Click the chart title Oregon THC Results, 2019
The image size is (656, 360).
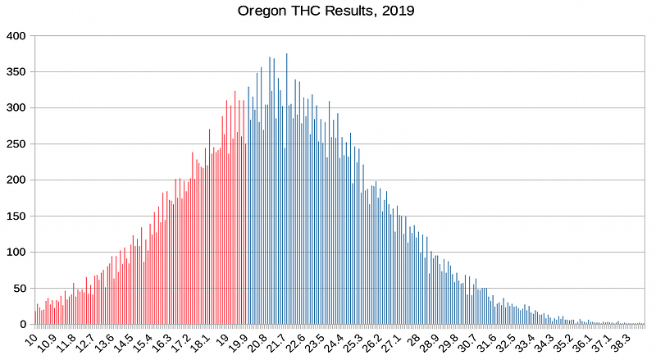tap(326, 11)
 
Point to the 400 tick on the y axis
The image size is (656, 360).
tap(16, 36)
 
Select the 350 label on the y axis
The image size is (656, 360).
tap(16, 72)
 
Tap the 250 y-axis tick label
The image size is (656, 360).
tap(16, 144)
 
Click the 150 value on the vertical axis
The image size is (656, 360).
tap(16, 216)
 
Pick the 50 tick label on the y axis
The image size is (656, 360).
tap(19, 289)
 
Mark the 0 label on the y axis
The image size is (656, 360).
tap(23, 325)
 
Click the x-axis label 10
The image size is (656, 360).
tap(31, 340)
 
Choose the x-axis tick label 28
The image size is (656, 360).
tap(413, 340)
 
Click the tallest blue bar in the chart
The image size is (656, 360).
tap(286, 189)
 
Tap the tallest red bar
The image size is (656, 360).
tap(235, 207)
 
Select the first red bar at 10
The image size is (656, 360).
tap(35, 317)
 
